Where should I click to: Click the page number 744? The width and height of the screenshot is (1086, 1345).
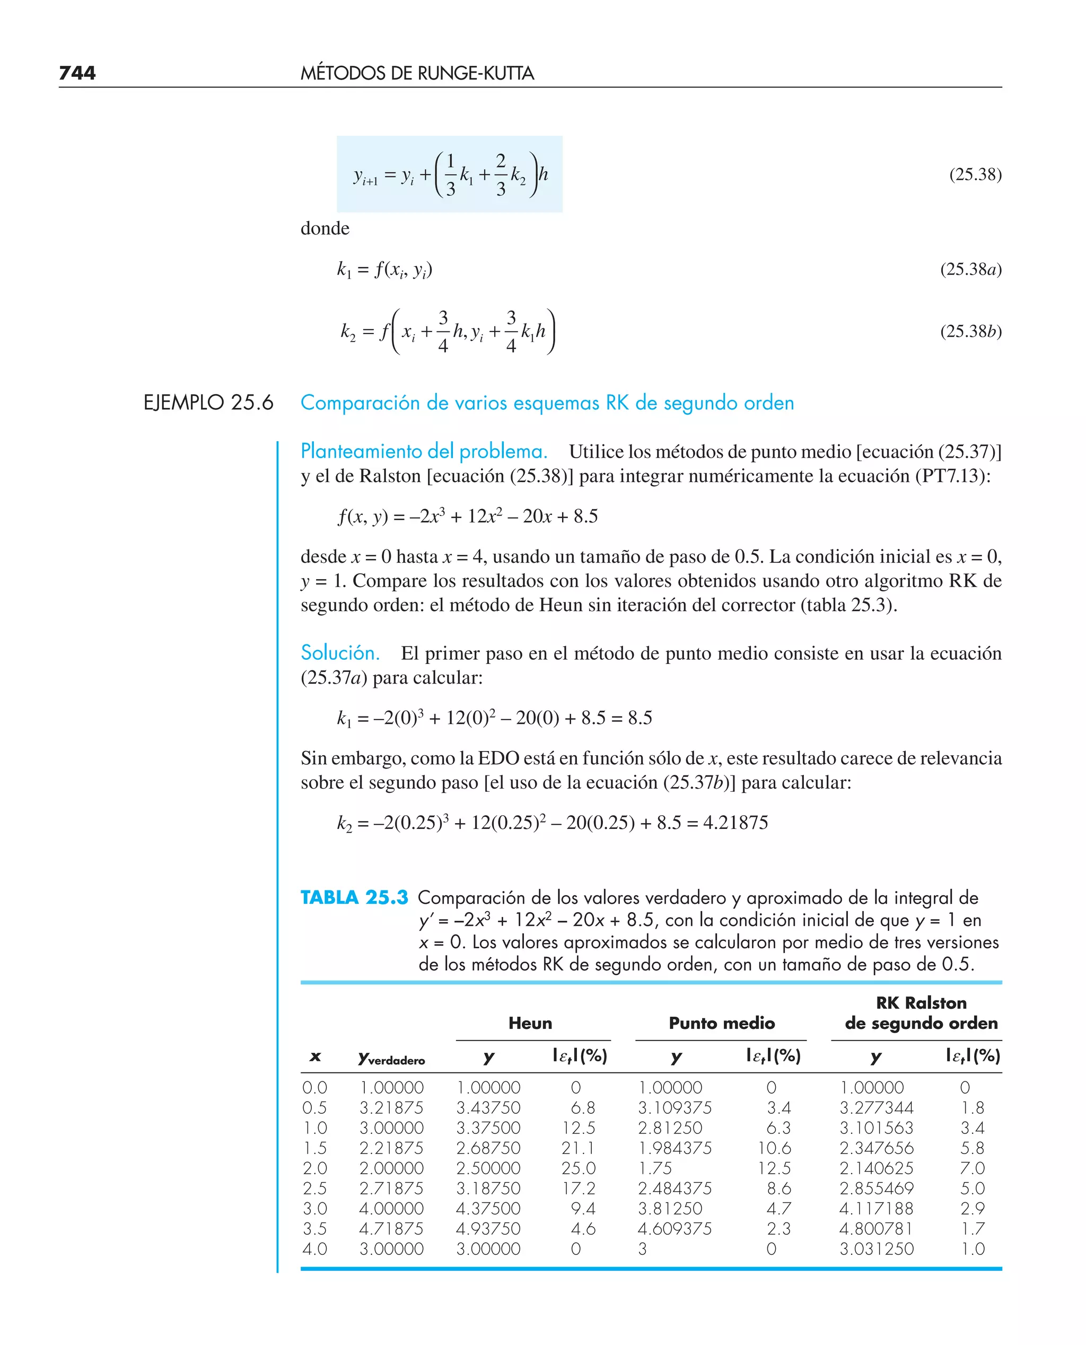coord(77,73)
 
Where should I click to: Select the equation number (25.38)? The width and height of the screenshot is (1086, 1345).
coord(975,174)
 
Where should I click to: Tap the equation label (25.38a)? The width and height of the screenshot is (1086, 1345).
coord(970,269)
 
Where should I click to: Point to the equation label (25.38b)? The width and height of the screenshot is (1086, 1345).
coord(970,331)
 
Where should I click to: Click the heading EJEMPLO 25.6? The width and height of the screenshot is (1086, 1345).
coord(208,402)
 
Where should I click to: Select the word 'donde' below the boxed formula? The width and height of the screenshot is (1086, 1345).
coord(325,229)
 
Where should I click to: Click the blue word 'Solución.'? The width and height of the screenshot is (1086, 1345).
coord(340,652)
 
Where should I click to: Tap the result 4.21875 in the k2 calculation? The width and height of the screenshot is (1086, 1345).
coord(735,822)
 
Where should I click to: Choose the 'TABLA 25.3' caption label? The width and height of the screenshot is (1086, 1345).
coord(354,898)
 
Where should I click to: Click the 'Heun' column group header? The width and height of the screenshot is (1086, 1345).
coord(530,1023)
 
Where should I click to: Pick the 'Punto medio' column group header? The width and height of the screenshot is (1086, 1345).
coord(721,1023)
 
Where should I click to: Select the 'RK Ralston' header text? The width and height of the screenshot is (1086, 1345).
coord(921,1003)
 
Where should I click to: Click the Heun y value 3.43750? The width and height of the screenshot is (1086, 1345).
coord(488,1108)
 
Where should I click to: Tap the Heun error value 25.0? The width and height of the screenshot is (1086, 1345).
coord(578,1168)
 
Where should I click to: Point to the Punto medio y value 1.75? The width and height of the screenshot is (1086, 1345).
coord(655,1168)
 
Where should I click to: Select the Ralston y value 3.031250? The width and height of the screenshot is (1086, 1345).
coord(877,1248)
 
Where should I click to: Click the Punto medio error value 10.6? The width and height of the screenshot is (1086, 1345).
coord(774,1148)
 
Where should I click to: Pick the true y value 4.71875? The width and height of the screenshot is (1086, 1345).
coord(391,1229)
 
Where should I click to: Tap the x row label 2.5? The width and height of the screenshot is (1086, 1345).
coord(314,1189)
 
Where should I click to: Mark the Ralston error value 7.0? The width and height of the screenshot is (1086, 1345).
coord(973,1168)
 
